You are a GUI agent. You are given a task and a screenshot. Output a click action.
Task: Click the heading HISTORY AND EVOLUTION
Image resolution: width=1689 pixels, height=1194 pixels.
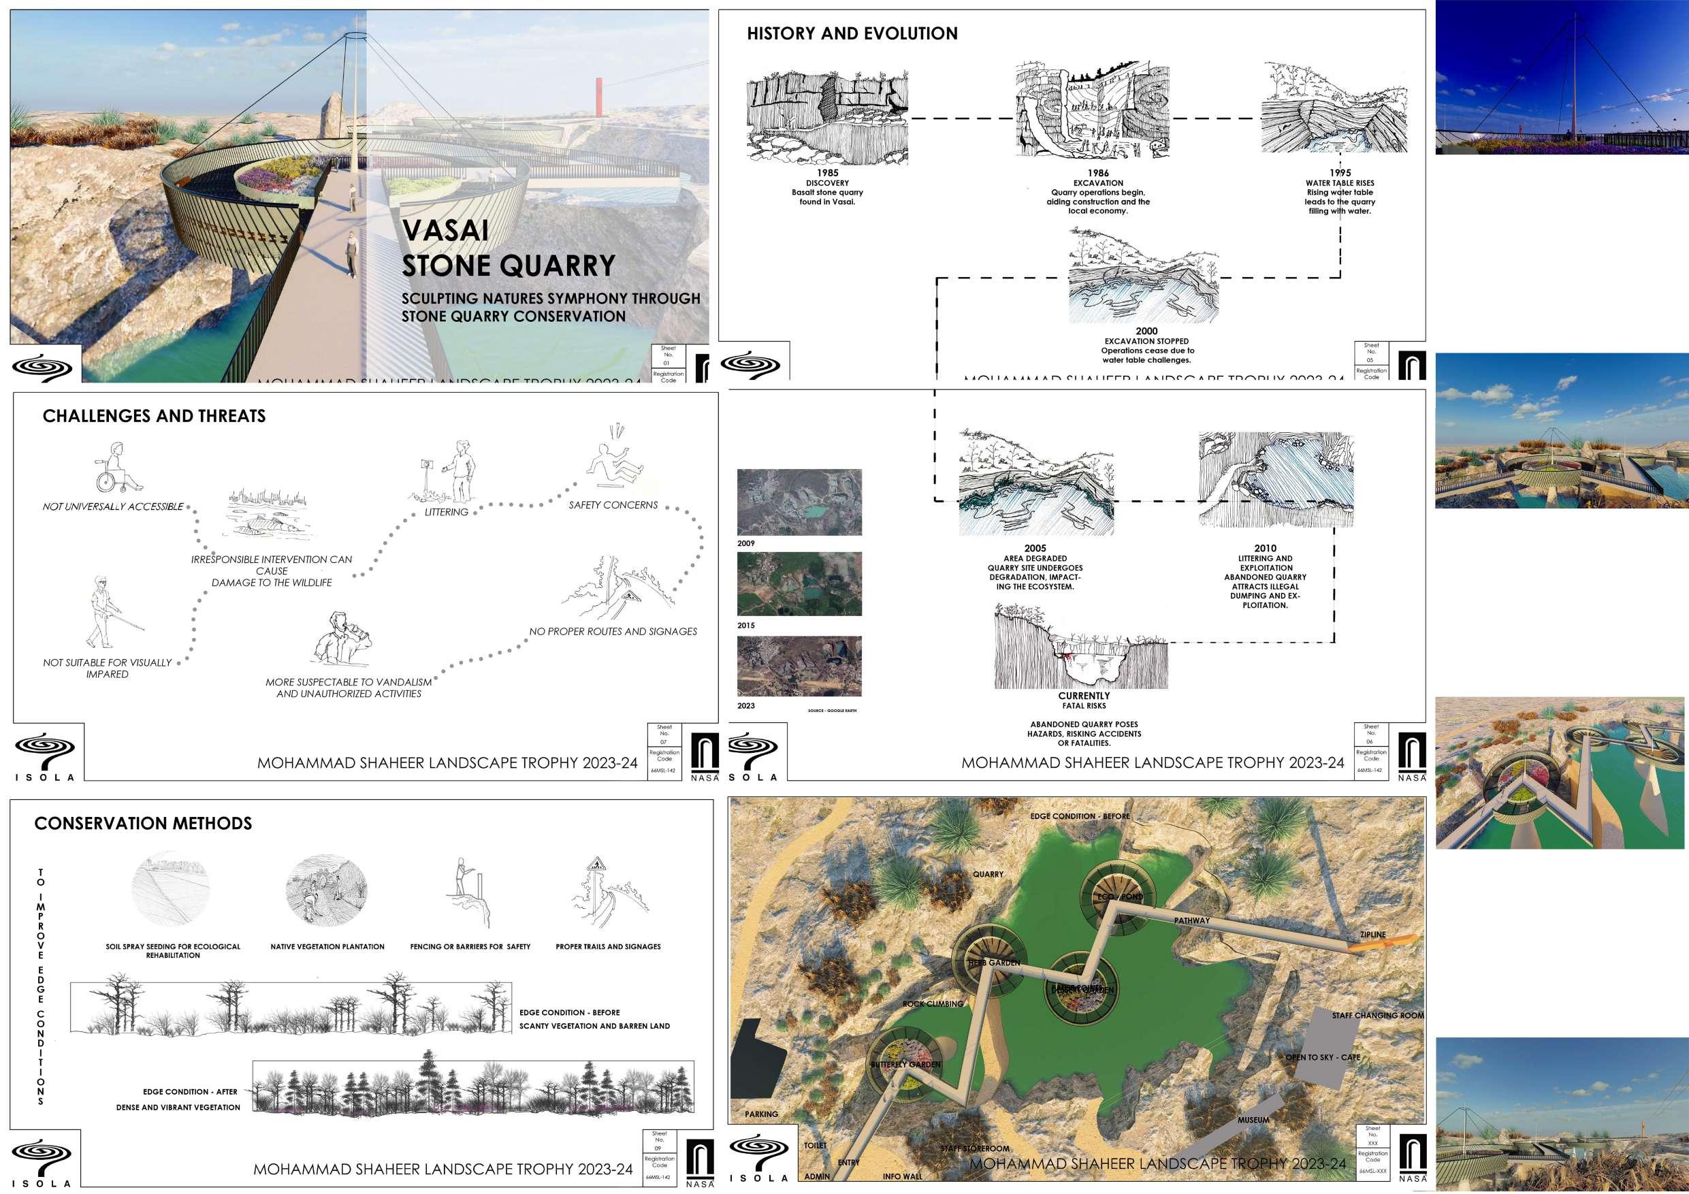pyautogui.click(x=852, y=34)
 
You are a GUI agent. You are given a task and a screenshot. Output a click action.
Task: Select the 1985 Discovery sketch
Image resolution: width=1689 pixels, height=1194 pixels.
pyautogui.click(x=827, y=118)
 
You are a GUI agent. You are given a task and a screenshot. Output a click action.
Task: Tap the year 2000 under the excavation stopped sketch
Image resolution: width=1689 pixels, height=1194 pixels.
pyautogui.click(x=1146, y=332)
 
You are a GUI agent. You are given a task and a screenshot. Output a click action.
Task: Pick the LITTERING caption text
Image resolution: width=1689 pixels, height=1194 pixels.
pyautogui.click(x=446, y=512)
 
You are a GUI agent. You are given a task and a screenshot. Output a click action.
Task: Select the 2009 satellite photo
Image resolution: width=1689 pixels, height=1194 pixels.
pyautogui.click(x=799, y=502)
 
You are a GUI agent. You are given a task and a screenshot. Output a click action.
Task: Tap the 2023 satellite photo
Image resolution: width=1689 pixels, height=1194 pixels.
pyautogui.click(x=799, y=666)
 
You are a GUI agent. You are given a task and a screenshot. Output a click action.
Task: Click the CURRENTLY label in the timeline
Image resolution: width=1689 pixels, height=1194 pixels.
pyautogui.click(x=1084, y=696)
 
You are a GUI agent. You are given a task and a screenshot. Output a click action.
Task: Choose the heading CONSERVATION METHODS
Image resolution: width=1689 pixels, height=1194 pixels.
pyautogui.click(x=144, y=823)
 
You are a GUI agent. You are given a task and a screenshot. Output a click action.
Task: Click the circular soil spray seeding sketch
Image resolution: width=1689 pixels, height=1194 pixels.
pyautogui.click(x=170, y=891)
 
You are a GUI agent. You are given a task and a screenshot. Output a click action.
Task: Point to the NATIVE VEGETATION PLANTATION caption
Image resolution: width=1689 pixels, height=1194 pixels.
pyautogui.click(x=327, y=947)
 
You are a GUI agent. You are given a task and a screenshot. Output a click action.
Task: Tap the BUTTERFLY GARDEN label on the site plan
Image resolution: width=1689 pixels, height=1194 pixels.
pyautogui.click(x=905, y=1065)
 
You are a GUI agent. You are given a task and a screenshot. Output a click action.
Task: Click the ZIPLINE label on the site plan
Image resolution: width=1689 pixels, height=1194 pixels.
pyautogui.click(x=1372, y=935)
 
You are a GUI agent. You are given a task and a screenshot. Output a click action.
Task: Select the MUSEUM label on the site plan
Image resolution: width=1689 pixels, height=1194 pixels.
pyautogui.click(x=1253, y=1120)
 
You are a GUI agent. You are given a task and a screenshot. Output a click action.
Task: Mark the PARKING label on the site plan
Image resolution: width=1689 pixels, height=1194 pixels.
pyautogui.click(x=760, y=1114)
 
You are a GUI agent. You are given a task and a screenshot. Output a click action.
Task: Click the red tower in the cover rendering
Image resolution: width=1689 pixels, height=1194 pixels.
pyautogui.click(x=600, y=97)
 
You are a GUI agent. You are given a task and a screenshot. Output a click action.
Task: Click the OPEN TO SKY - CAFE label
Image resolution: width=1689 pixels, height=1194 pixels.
pyautogui.click(x=1323, y=1057)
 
